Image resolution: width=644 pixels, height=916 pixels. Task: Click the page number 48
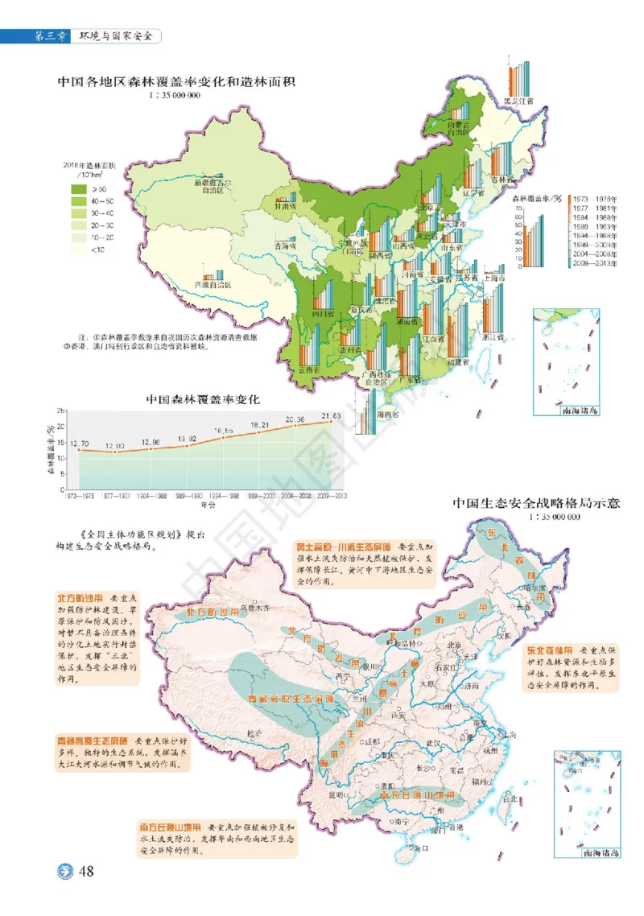(87, 873)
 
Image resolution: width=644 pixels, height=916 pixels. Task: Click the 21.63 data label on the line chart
(331, 415)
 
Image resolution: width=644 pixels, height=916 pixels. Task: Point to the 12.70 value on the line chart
(78, 443)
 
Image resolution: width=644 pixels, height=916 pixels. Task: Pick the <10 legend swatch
(79, 250)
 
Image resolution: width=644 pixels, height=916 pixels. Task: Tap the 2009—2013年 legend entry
(598, 262)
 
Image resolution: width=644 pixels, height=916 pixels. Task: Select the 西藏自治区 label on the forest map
(213, 285)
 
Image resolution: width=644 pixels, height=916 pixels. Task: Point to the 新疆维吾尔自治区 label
(216, 187)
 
